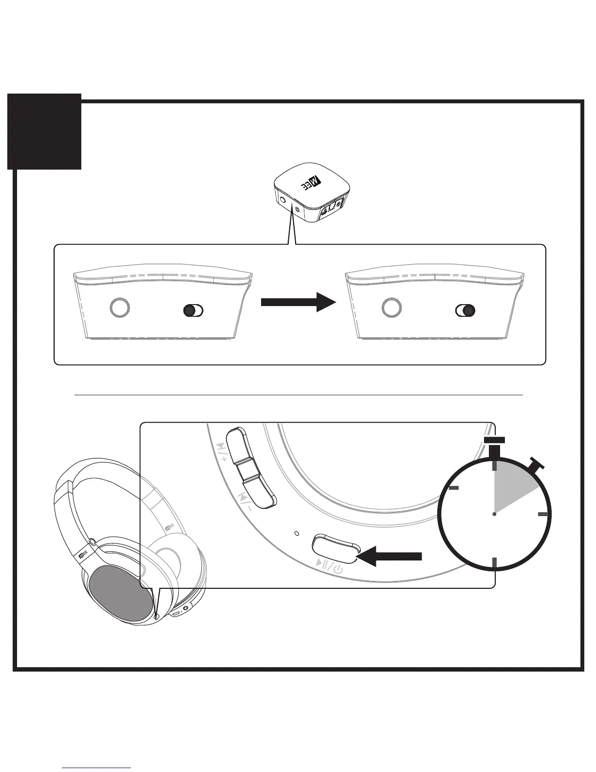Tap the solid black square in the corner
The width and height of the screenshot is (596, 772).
point(44,132)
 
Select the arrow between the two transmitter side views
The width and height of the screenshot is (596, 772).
point(298,302)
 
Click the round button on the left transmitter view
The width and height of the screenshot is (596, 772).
point(119,308)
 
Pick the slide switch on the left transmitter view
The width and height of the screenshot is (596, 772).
point(192,310)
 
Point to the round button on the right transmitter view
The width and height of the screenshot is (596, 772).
point(391,308)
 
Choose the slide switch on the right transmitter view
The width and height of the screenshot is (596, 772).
point(465,310)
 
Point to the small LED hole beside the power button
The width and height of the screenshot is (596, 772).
point(298,532)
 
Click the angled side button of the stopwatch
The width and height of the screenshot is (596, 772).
point(537,464)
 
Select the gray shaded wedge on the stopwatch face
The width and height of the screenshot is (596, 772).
point(511,487)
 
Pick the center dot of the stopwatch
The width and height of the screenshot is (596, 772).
point(494,514)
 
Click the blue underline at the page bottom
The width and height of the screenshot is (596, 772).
point(97,768)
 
